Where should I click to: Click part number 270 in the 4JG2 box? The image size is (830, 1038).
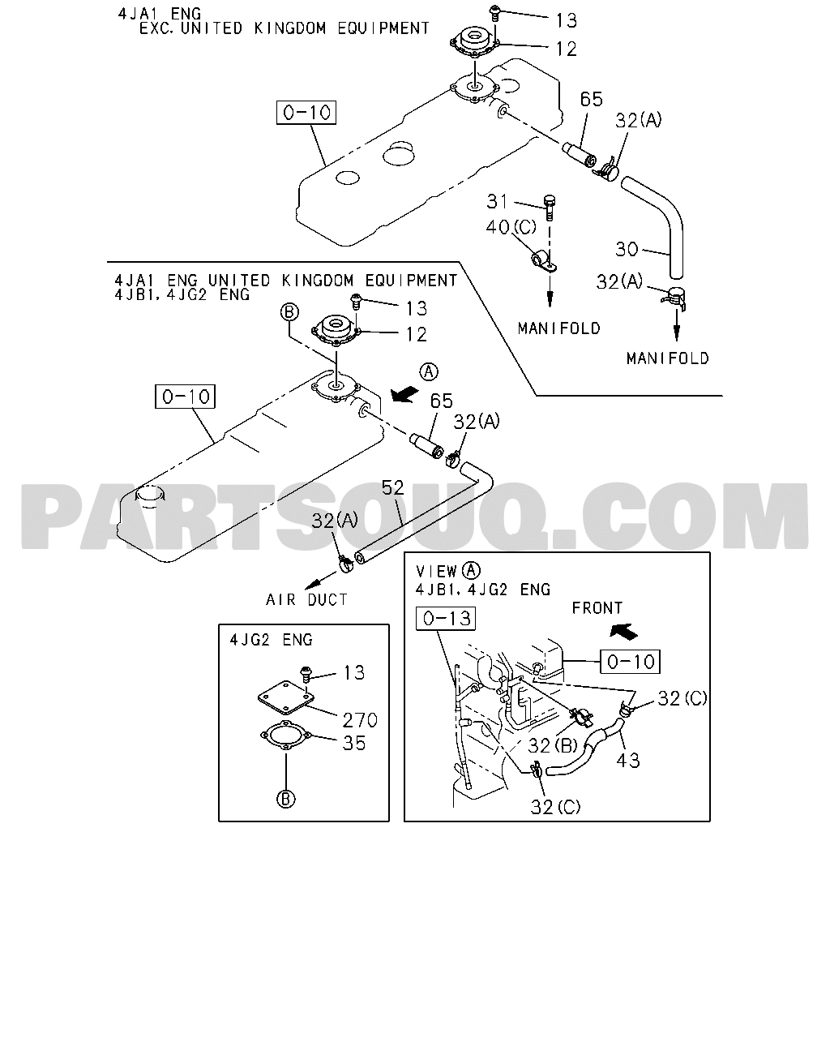360,720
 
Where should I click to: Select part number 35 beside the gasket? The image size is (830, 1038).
354,743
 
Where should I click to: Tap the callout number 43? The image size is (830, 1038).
628,761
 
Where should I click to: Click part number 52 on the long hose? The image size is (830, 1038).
392,487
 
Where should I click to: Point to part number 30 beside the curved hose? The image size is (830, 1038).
627,249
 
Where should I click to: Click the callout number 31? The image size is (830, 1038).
497,201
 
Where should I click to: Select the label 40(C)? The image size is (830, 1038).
511,227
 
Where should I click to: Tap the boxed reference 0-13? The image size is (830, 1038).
446,619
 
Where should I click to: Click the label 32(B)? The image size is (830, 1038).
553,746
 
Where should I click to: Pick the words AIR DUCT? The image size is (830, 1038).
306,599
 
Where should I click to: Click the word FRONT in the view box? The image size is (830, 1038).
597,608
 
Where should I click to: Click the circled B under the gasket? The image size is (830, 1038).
286,800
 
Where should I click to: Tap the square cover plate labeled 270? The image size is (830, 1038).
286,697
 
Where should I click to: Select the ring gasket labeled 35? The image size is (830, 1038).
286,735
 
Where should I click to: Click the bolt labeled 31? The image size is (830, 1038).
549,208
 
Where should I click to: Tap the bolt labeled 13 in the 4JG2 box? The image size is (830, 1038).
306,674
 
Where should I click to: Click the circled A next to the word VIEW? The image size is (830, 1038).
471,571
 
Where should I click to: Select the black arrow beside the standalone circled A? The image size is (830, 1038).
404,393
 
